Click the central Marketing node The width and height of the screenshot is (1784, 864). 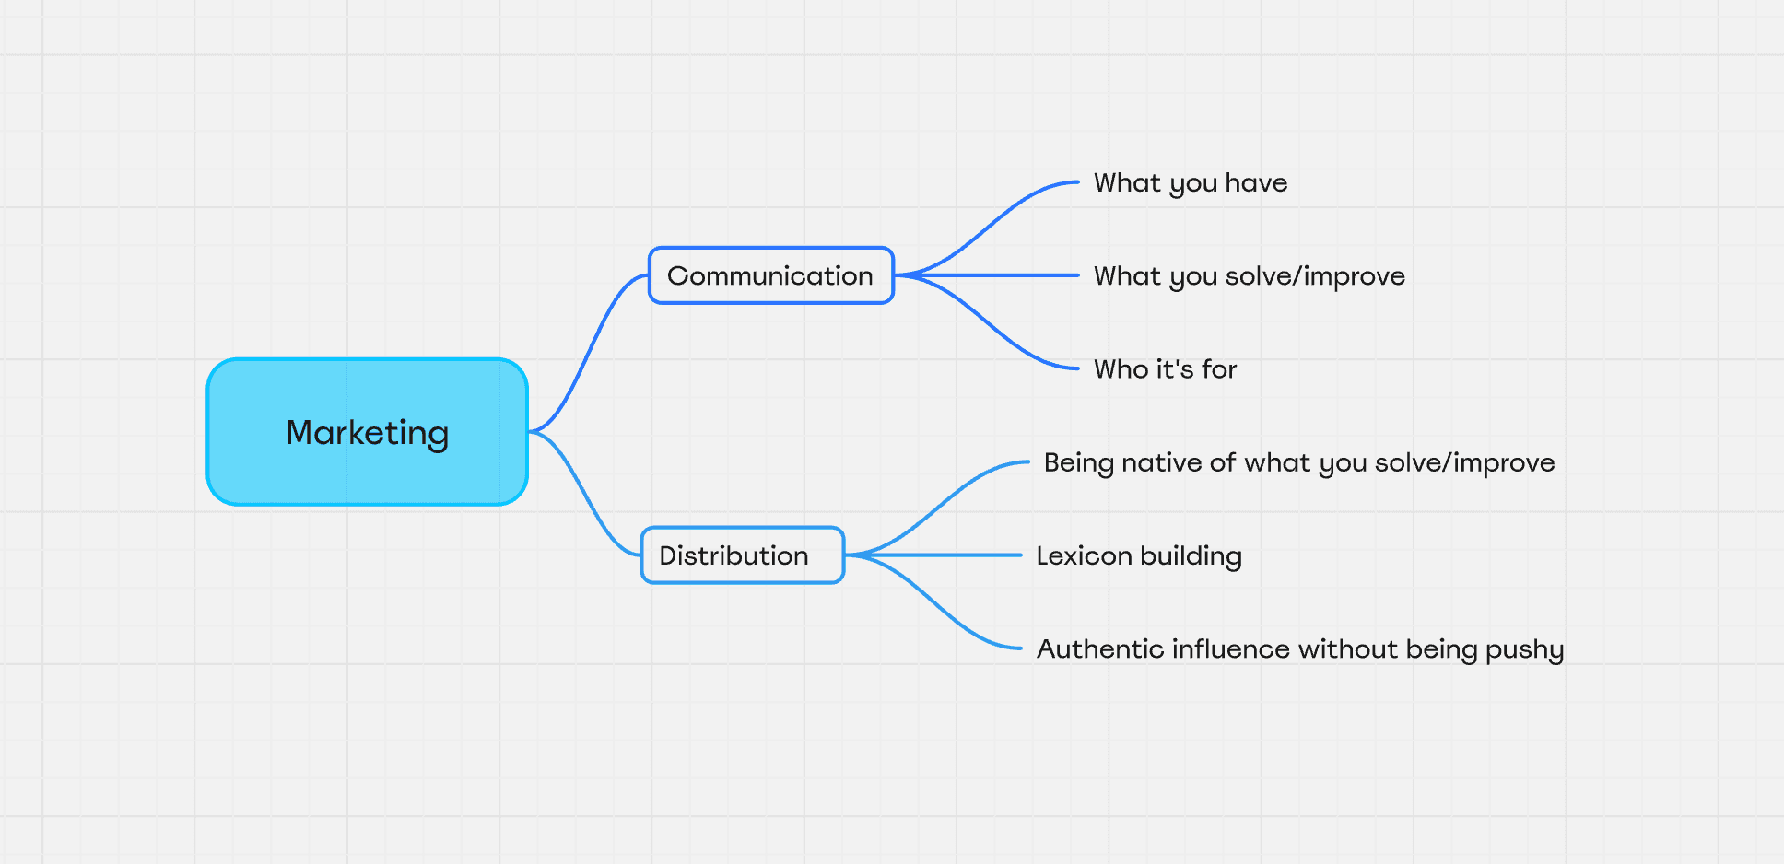tap(368, 432)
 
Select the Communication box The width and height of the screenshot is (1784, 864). tap(771, 275)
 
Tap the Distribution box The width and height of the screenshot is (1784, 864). tap(743, 555)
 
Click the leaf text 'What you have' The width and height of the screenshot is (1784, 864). tap(1191, 183)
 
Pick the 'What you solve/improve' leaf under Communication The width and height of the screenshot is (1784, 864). tap(1250, 276)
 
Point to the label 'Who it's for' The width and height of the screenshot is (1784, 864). tap(1166, 369)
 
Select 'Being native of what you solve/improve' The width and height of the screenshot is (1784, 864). tap(1299, 462)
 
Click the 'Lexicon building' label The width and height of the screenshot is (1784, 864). tap(1139, 555)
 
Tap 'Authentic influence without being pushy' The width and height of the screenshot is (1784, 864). tap(1300, 649)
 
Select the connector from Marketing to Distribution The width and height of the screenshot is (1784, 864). tap(584, 493)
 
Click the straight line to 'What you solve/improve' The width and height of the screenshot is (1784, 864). tap(987, 275)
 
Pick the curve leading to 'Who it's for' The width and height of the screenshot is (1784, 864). tap(986, 322)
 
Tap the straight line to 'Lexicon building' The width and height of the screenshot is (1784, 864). tap(933, 555)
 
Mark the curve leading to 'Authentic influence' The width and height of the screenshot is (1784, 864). tap(933, 601)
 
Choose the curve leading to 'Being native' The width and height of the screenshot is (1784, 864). tap(938, 508)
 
